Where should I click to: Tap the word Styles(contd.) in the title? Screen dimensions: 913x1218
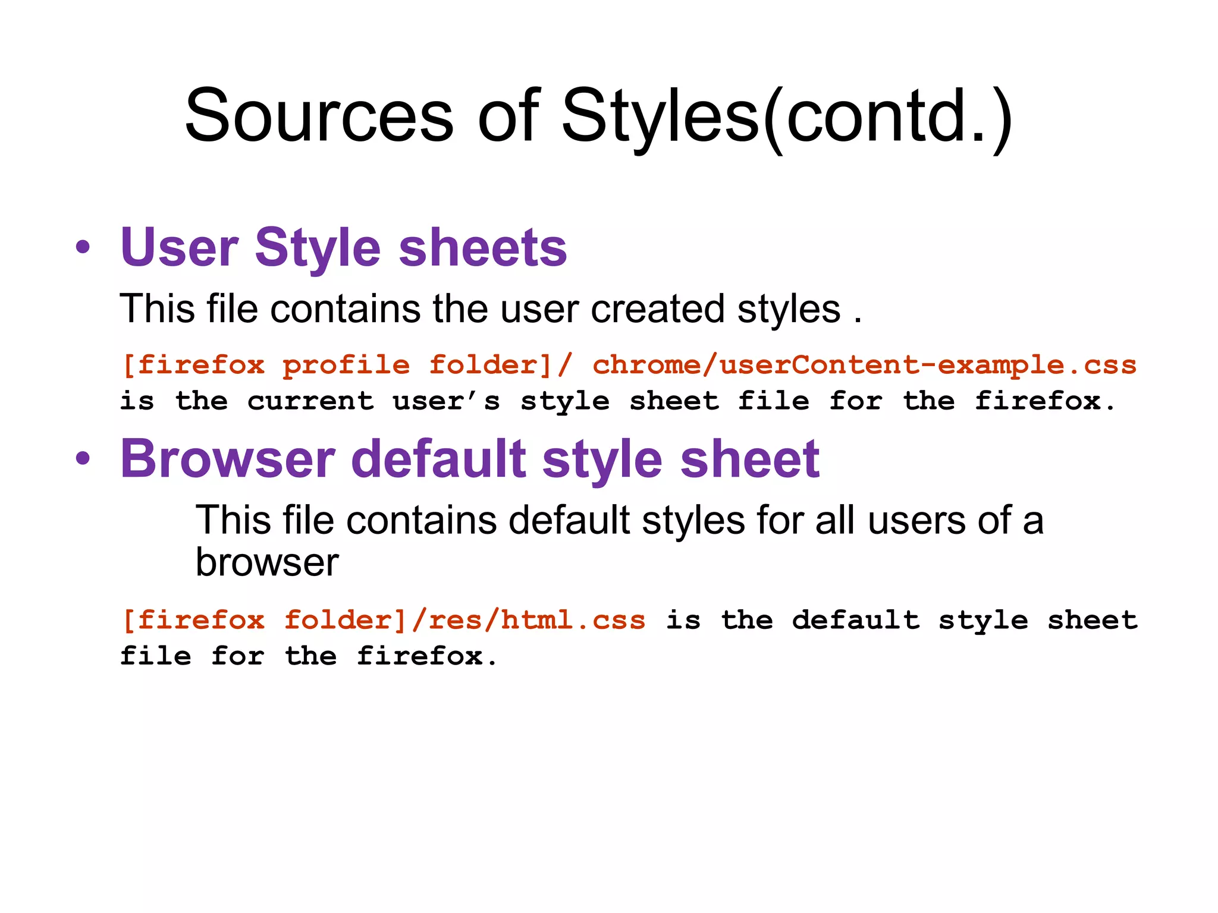786,116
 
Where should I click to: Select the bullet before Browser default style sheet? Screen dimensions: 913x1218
83,458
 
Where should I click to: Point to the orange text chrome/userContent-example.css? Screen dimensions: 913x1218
864,364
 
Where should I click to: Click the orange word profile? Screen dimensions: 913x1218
346,364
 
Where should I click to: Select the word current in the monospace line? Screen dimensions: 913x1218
310,401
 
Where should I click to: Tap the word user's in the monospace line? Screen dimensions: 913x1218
446,401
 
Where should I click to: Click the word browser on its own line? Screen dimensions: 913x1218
267,562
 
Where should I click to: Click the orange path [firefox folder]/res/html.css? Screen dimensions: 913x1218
384,620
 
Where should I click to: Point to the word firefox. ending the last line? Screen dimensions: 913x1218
426,656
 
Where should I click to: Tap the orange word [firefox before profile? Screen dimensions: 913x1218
193,364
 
